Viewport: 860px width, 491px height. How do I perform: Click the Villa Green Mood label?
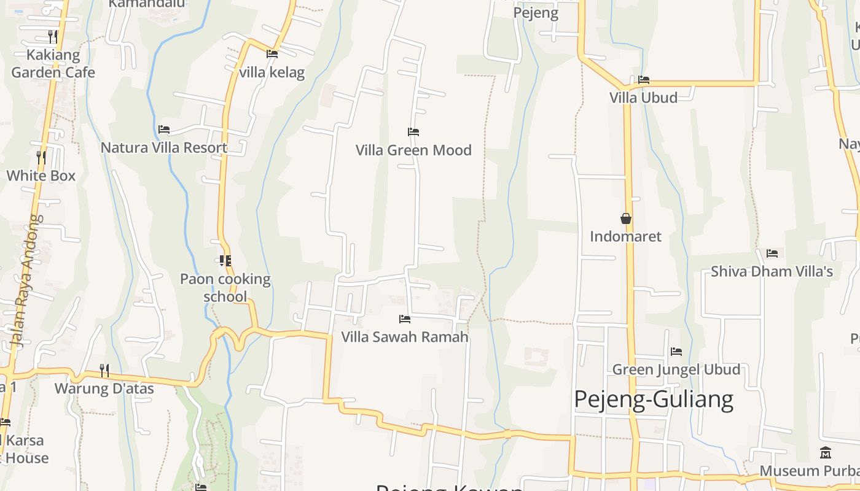click(x=413, y=150)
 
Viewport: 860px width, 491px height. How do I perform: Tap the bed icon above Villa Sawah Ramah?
click(x=405, y=319)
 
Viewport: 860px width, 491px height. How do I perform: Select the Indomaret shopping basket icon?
click(x=626, y=218)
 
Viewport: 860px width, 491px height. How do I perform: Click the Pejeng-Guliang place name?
click(x=654, y=400)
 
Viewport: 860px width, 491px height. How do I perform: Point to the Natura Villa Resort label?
click(x=164, y=148)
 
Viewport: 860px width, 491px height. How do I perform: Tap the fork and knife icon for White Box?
click(x=41, y=158)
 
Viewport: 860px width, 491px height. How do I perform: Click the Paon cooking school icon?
click(x=225, y=261)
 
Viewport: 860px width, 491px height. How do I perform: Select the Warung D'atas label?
click(x=104, y=389)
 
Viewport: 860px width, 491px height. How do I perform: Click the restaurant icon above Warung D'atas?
click(x=104, y=371)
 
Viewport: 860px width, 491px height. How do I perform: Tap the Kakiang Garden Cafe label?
click(x=53, y=64)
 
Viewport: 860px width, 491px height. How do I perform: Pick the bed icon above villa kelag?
click(x=272, y=54)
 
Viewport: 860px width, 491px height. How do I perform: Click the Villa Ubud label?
click(x=643, y=98)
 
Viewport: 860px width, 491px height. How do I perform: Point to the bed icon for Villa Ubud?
click(x=644, y=80)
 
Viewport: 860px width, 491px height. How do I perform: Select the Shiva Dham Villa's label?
click(x=772, y=271)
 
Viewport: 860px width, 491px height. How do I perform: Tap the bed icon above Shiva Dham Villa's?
click(x=772, y=253)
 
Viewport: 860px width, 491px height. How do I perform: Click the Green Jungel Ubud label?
click(x=676, y=369)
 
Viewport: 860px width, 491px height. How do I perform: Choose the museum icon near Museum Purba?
click(x=826, y=453)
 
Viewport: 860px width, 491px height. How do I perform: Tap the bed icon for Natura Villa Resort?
click(x=164, y=130)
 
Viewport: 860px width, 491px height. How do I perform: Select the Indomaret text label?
click(x=626, y=237)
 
